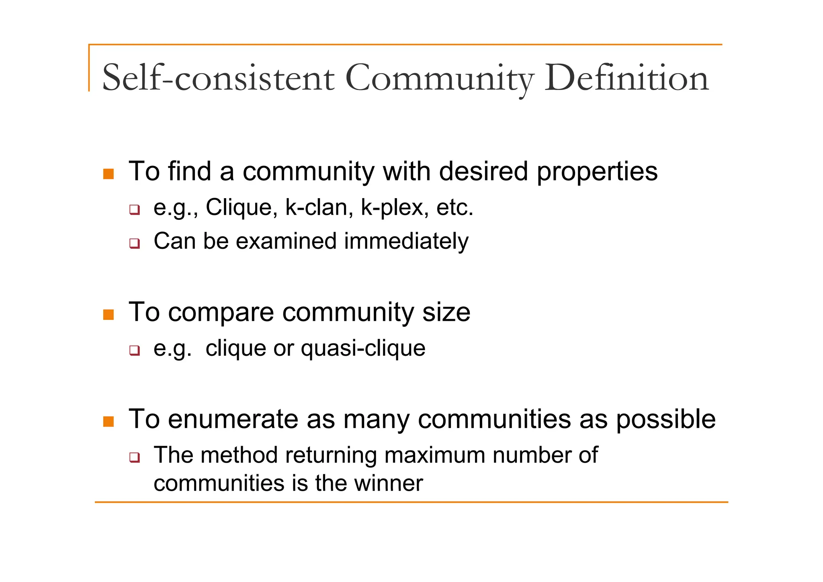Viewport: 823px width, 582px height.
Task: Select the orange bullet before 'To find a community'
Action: tap(109, 174)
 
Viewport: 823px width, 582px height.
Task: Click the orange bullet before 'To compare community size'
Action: tap(109, 314)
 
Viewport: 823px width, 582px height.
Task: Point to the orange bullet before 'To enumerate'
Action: tap(109, 421)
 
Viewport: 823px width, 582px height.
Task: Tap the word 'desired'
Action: tap(483, 171)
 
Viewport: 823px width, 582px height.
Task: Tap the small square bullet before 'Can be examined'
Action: tap(135, 243)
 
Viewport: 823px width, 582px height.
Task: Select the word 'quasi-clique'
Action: tap(363, 349)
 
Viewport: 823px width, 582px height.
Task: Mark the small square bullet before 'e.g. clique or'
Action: tap(135, 350)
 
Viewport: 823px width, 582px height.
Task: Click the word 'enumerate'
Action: tap(233, 419)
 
